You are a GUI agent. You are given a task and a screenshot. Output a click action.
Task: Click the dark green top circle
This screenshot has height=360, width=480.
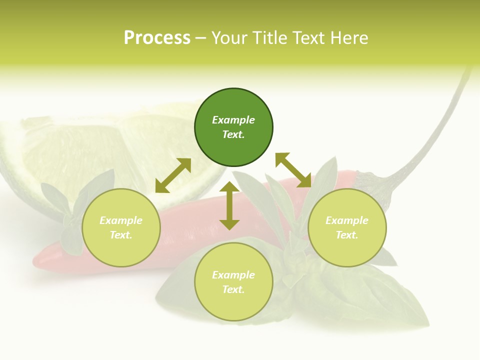[233, 127]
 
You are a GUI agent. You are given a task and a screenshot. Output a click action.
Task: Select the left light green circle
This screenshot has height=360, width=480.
[121, 227]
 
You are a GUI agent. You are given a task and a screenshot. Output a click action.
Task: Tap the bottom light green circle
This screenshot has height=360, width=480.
[233, 282]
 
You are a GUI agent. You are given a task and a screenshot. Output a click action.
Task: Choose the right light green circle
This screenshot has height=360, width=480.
[347, 227]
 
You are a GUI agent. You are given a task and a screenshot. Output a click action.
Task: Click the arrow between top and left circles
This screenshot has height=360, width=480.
[173, 175]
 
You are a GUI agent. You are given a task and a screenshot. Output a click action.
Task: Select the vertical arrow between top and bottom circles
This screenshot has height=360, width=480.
[229, 205]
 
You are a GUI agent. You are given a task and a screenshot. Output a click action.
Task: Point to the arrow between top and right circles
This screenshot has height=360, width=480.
[293, 170]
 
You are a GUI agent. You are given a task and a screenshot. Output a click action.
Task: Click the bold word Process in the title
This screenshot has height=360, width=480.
[157, 37]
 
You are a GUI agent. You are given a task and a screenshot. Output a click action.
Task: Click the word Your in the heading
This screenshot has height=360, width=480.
[229, 37]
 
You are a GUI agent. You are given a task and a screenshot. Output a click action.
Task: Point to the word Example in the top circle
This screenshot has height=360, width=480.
[233, 120]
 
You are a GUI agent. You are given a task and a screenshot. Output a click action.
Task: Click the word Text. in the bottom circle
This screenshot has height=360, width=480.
[233, 289]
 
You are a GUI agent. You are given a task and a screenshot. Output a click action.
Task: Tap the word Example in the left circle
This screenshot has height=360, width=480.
[121, 220]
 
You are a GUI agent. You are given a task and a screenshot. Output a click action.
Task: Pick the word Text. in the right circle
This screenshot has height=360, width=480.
[347, 235]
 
